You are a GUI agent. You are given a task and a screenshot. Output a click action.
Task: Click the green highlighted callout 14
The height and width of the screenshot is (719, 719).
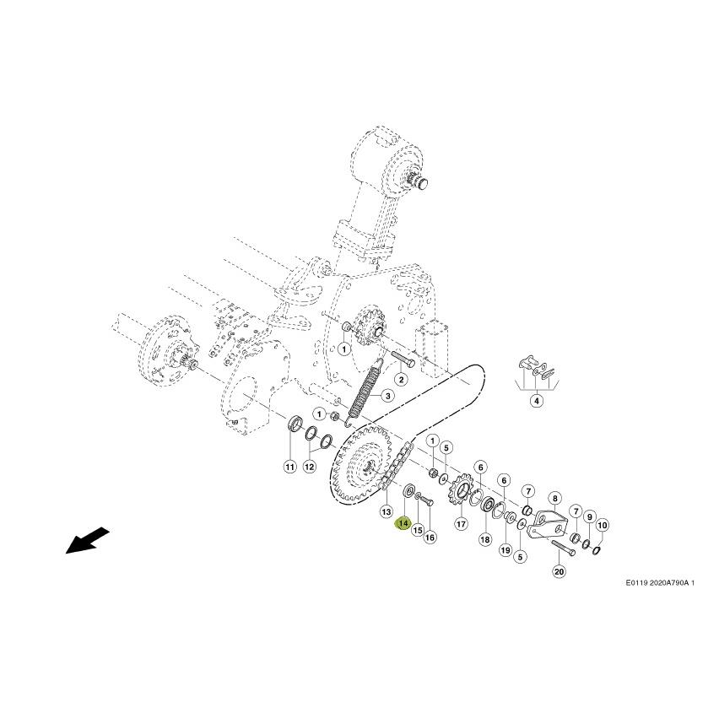point(403,523)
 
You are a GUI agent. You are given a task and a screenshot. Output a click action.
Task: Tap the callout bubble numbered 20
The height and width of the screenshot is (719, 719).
point(559,571)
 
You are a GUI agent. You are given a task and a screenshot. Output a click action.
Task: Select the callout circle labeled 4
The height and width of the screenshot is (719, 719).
point(536,401)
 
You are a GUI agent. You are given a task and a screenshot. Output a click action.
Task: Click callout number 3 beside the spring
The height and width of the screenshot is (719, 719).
point(387,396)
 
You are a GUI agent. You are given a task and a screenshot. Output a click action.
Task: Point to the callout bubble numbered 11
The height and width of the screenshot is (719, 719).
point(289,468)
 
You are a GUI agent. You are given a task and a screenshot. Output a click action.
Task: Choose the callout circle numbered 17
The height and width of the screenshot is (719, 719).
point(461,524)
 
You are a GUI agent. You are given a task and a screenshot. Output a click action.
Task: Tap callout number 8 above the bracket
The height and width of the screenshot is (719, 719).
point(554,499)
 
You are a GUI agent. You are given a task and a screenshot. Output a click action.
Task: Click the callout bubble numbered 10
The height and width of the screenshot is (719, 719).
point(602,525)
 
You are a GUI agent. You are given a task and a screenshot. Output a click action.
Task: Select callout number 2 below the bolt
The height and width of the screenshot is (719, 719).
point(401,379)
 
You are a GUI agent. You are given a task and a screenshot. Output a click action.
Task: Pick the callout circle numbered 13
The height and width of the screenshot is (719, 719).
point(387,511)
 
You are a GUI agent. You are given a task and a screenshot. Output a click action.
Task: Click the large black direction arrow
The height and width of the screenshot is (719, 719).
point(88,540)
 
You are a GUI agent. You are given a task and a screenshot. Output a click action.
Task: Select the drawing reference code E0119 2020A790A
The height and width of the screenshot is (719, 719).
point(660,583)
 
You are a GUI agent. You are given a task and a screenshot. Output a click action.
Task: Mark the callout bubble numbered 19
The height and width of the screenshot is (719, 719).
point(505,549)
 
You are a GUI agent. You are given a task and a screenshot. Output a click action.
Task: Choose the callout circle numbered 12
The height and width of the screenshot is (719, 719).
point(310,467)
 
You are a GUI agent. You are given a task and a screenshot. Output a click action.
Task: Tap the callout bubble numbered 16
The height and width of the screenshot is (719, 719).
point(430,537)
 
